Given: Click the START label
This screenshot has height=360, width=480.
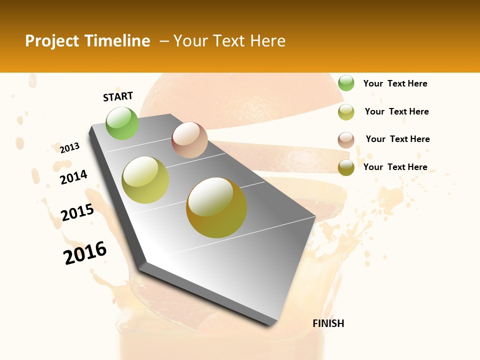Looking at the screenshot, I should (x=118, y=96).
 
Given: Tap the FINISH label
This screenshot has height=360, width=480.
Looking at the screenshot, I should (x=328, y=323).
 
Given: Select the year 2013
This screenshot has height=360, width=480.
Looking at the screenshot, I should (x=70, y=148).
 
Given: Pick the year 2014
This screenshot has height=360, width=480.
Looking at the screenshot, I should (x=74, y=177).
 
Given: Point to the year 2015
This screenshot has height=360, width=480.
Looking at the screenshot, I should (x=77, y=212).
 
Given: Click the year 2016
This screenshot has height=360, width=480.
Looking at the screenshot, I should (x=85, y=252).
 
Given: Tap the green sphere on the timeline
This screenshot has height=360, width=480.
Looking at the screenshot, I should (x=122, y=123).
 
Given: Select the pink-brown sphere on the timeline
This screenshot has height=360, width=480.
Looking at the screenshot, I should (x=189, y=140).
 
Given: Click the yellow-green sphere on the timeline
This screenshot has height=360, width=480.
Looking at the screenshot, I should (x=145, y=180).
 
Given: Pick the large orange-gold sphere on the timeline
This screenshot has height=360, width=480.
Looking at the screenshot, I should (x=216, y=207).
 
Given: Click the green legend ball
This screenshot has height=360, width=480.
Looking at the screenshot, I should (x=346, y=83).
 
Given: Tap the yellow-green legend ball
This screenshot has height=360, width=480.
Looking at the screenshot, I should (x=346, y=111).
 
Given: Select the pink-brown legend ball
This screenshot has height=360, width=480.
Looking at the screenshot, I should (x=346, y=139).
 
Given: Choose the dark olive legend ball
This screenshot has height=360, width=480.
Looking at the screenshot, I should (x=346, y=167).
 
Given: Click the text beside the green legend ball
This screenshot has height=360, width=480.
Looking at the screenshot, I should (x=395, y=83).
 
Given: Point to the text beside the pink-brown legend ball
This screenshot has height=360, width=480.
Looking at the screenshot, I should (x=397, y=139).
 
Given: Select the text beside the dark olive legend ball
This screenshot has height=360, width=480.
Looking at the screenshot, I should (x=395, y=167).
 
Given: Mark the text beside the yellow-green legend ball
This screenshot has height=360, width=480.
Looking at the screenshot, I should (x=396, y=111).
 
